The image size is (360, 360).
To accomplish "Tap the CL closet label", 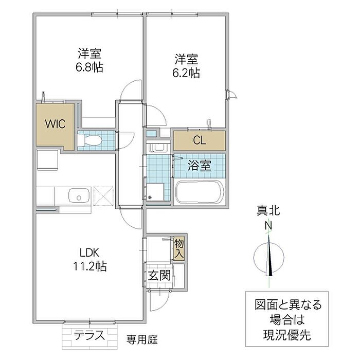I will pyautogui.click(x=199, y=139).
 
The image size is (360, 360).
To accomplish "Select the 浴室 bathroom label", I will pyautogui.click(x=201, y=166).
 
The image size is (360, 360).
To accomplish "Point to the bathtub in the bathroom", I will pyautogui.click(x=199, y=193).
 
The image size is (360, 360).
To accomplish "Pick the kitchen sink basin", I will pyautogui.click(x=79, y=196).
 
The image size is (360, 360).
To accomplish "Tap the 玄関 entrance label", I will pyautogui.click(x=159, y=275).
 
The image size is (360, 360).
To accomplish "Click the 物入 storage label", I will pyautogui.click(x=179, y=249).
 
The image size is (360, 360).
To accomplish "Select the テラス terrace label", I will pyautogui.click(x=89, y=335).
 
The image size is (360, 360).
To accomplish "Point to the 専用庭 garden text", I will pyautogui.click(x=142, y=339).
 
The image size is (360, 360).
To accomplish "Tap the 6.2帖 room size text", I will pyautogui.click(x=186, y=73).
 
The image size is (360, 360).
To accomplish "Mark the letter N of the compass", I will pyautogui.click(x=268, y=225).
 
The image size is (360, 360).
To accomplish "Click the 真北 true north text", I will pyautogui.click(x=268, y=211).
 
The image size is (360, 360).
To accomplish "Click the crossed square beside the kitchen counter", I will pyautogui.click(x=103, y=197).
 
